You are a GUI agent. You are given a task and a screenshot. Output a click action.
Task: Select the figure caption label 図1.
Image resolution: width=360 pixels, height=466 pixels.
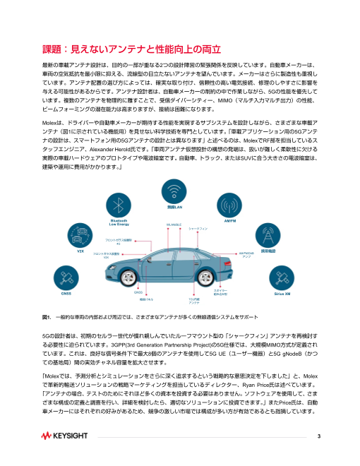click(48, 316)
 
